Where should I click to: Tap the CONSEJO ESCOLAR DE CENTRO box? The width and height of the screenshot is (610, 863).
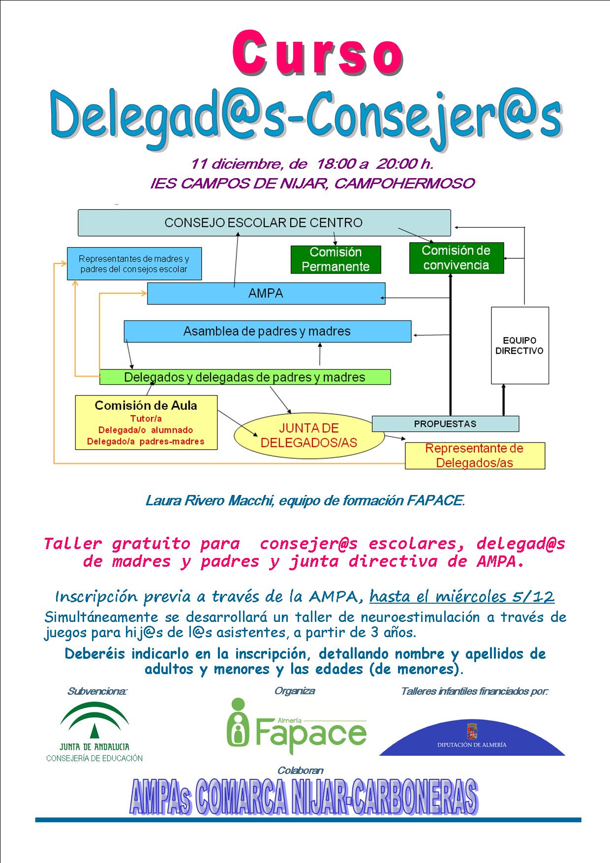point(264,222)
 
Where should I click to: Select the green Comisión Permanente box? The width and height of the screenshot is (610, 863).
point(335,259)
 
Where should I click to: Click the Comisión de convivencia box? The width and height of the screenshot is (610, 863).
point(456,258)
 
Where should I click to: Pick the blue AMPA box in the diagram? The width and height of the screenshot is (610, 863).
point(266,293)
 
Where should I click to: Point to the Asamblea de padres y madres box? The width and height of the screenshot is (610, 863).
point(267,331)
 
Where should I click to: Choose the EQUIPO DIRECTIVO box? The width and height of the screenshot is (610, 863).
point(519,345)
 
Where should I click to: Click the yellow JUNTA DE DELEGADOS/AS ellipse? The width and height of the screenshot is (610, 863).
point(309,435)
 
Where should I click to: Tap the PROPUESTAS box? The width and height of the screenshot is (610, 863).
point(445,424)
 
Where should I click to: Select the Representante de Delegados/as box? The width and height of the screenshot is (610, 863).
point(475,456)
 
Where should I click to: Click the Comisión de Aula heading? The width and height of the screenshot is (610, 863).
point(146,405)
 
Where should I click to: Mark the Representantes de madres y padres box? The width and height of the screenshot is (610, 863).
point(134,264)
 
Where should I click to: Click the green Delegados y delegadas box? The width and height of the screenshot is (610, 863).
point(245,377)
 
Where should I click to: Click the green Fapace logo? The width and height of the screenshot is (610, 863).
point(297,726)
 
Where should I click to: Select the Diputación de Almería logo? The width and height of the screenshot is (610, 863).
point(472,737)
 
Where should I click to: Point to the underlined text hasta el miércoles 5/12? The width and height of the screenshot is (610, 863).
point(462,596)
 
